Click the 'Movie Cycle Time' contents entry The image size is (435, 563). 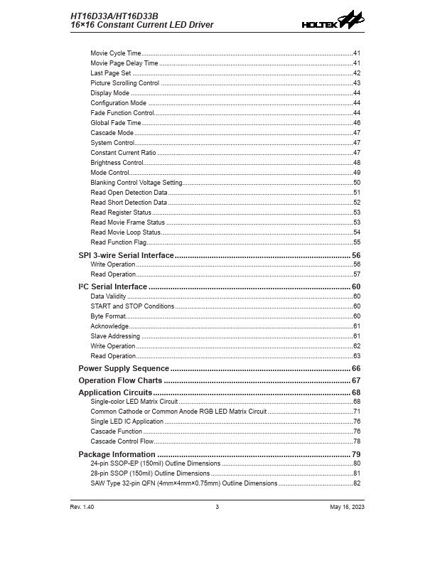pyautogui.click(x=116, y=53)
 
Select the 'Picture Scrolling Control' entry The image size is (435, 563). pyautogui.click(x=124, y=83)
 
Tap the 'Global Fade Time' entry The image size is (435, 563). pyautogui.click(x=115, y=123)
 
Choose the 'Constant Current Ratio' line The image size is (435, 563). pyautogui.click(x=123, y=153)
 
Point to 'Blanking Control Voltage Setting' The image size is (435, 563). pyautogui.click(x=136, y=183)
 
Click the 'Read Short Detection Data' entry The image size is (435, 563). pyautogui.click(x=129, y=203)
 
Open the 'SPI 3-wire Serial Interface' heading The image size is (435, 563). pyautogui.click(x=126, y=255)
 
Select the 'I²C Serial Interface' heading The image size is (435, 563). pyautogui.click(x=112, y=286)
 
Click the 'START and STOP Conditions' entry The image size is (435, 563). pyautogui.click(x=132, y=306)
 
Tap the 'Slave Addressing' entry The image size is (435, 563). pyautogui.click(x=115, y=336)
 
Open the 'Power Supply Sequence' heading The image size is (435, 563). pyautogui.click(x=124, y=368)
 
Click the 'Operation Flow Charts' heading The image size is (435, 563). pyautogui.click(x=120, y=380)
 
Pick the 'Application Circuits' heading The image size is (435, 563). pyautogui.click(x=115, y=392)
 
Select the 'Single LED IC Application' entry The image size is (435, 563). pyautogui.click(x=127, y=422)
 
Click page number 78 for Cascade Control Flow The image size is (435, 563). pyautogui.click(x=357, y=441)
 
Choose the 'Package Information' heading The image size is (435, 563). pyautogui.click(x=117, y=454)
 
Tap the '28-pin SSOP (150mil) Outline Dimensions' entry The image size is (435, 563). pyautogui.click(x=150, y=473)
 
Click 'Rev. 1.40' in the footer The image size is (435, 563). pyautogui.click(x=82, y=507)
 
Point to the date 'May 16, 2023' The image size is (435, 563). pyautogui.click(x=347, y=507)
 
